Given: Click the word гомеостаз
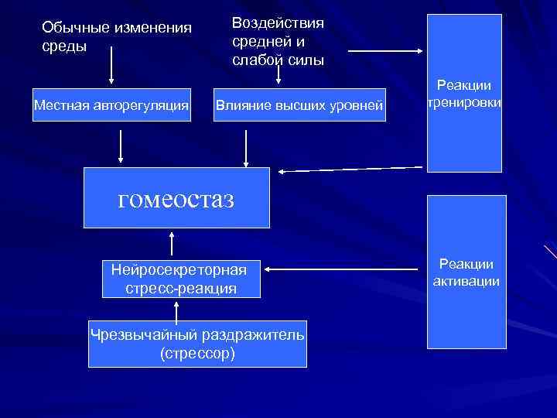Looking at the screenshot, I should [176, 200].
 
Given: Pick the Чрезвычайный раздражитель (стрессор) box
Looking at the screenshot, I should [197, 344].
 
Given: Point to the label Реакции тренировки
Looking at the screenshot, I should [464, 94].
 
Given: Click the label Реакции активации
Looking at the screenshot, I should [466, 272].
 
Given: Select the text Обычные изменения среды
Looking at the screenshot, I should [116, 36].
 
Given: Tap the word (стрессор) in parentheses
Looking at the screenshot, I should [197, 354].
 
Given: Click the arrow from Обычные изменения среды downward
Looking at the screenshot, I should [112, 66].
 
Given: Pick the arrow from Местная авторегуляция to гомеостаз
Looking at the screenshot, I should [121, 147].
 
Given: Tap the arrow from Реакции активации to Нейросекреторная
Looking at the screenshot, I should [344, 270].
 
